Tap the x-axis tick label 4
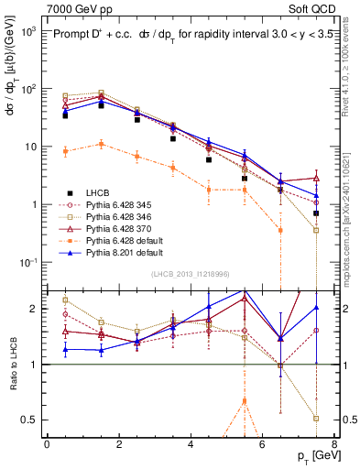190,443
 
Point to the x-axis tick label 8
333,443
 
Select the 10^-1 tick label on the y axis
29,262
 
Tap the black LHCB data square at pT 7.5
316,213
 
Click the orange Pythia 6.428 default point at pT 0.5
65,151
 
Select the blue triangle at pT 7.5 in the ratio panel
316,308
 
